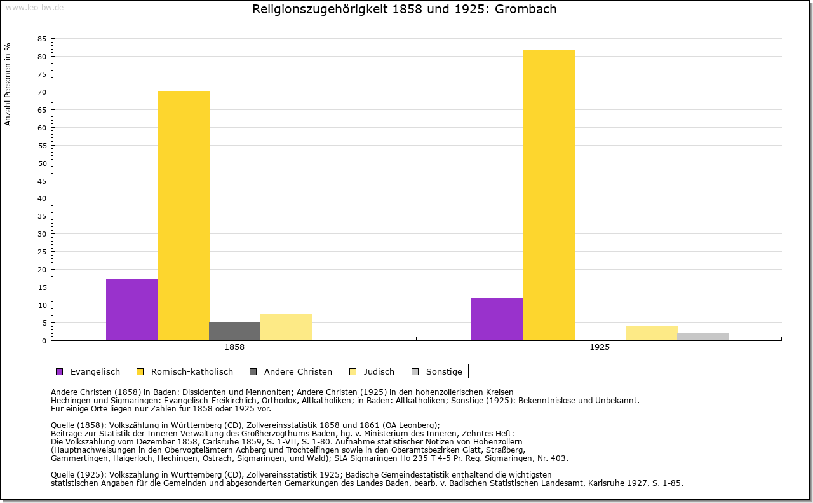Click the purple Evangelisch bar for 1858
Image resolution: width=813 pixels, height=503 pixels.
coord(131,309)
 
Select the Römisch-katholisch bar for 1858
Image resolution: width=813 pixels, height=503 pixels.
coord(184,216)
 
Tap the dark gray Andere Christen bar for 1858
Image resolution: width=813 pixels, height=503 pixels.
coord(234,331)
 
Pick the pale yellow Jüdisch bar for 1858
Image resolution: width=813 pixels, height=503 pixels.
coord(286,327)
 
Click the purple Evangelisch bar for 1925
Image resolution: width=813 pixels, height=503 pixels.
coord(497,319)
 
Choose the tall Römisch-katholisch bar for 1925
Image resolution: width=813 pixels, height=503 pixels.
coord(549,195)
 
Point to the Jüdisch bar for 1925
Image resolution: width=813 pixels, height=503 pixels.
coord(652,333)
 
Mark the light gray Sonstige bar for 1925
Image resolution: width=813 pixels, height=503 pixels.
coord(703,336)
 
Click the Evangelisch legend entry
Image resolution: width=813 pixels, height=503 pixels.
coord(95,371)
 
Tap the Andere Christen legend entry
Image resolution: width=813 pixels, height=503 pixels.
coord(297,371)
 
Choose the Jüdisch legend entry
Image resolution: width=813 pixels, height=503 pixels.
coord(379,371)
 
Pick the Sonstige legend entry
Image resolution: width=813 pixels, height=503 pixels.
coord(443,371)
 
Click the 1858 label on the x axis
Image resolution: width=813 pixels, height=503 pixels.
coord(234,348)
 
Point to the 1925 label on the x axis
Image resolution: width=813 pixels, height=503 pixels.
coord(600,348)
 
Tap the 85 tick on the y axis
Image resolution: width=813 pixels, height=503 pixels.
coord(42,39)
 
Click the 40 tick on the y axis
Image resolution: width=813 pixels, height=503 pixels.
coord(42,198)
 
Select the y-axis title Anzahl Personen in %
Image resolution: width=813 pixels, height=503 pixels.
coord(8,84)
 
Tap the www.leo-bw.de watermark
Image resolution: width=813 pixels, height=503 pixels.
coord(34,7)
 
